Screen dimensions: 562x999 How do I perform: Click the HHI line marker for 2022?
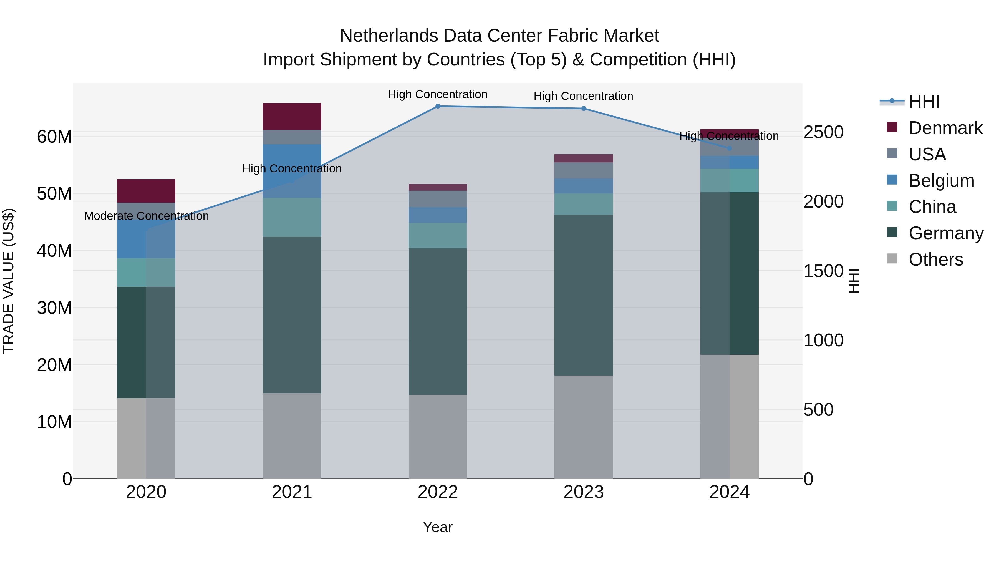(438, 106)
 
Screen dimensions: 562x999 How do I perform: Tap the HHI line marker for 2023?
(584, 109)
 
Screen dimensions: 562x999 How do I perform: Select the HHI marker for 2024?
(730, 148)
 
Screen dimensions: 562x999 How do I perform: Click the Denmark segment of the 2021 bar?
(292, 116)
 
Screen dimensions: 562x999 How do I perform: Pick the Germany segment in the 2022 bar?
(438, 322)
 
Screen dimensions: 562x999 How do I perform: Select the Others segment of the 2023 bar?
(584, 427)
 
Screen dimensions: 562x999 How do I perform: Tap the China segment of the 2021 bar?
(292, 217)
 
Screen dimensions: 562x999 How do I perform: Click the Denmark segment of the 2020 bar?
(146, 191)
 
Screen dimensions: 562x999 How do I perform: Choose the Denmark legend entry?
(945, 128)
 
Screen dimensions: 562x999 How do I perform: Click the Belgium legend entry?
(941, 181)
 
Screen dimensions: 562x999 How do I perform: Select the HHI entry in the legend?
(924, 102)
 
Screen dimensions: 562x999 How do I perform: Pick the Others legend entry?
(935, 259)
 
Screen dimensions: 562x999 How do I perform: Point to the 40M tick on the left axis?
(54, 251)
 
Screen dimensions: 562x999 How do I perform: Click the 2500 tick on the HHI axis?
(823, 132)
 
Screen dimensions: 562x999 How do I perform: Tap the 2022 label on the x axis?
(438, 492)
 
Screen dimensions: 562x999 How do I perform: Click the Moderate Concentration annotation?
(146, 216)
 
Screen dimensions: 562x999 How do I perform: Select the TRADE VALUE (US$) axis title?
(9, 281)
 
